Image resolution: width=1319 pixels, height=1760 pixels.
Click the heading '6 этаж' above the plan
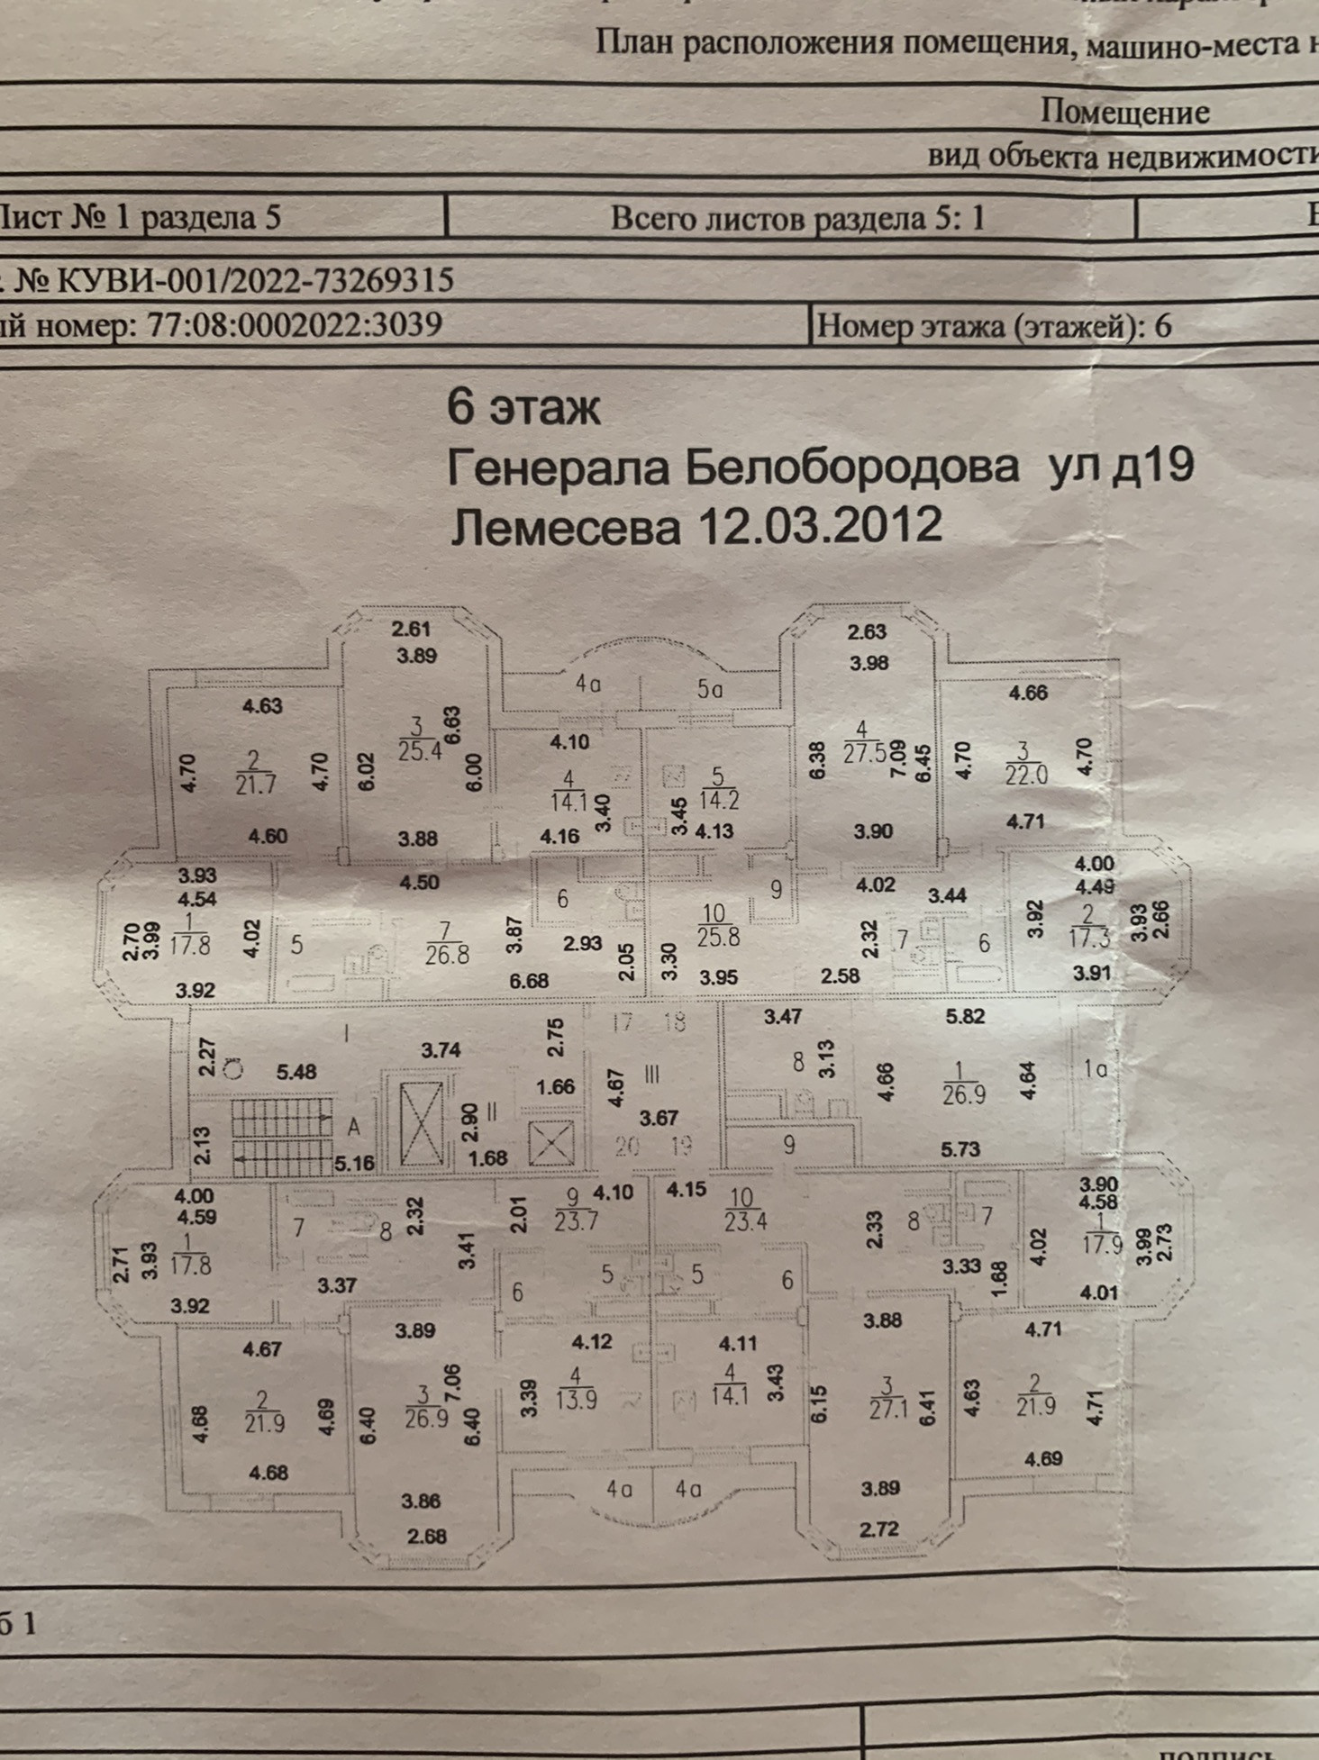pos(523,408)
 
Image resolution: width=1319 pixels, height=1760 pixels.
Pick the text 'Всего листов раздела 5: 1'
pos(797,219)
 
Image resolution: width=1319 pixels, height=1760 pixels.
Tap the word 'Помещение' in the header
pos(1123,112)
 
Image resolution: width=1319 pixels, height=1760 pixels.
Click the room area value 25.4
pos(419,750)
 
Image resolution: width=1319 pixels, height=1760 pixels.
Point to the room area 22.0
pos(1026,775)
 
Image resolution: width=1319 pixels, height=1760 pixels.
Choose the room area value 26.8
pos(447,953)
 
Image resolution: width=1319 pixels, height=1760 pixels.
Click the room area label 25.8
pos(718,937)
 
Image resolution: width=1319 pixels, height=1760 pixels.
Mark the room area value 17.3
pos(1087,938)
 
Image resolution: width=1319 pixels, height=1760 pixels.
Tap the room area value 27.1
pos(888,1408)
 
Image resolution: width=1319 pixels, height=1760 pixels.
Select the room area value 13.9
pos(577,1400)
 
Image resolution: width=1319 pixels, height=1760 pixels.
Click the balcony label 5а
pos(710,690)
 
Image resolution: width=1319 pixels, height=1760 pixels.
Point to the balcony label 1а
pos(1095,1069)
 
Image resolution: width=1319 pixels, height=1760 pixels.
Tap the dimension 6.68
pos(529,980)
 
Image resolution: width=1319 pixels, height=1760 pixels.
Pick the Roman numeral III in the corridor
pos(652,1074)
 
